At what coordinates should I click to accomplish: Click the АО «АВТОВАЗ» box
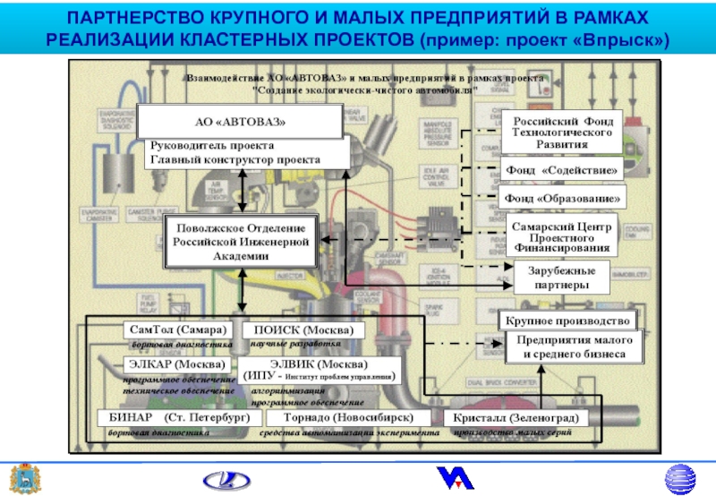[x=240, y=121]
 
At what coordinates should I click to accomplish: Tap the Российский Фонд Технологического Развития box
[x=562, y=133]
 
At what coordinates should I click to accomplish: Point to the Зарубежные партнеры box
[x=561, y=277]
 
